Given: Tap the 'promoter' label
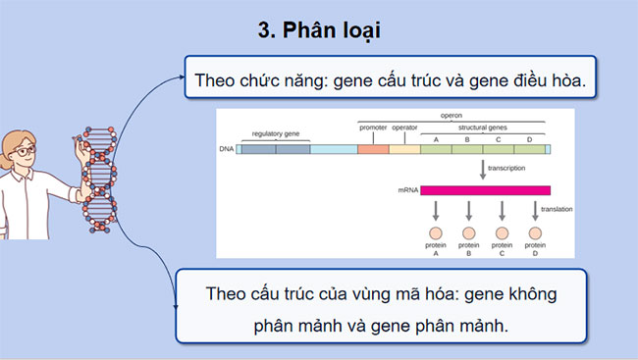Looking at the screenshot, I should point(372,128).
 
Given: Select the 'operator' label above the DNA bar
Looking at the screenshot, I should point(404,128).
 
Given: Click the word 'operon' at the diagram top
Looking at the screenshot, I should point(451,115).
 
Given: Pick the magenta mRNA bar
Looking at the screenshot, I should point(485,190).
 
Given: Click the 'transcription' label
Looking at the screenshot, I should point(505,169).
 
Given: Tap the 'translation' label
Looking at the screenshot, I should point(557,209).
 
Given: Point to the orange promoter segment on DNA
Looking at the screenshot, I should point(373,149).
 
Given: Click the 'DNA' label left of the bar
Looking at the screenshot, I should point(227,150).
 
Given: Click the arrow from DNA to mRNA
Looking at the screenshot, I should point(484,169).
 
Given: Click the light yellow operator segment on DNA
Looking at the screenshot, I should point(404,149).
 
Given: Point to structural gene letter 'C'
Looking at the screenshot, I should point(499,139).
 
